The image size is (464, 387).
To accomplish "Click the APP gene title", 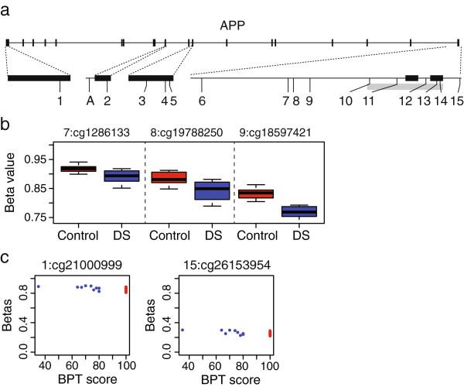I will click(x=231, y=24).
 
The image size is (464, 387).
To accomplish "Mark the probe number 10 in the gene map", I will click(x=346, y=101).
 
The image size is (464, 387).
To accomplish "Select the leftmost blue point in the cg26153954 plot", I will click(x=182, y=330).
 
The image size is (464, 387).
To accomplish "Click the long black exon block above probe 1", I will click(x=39, y=78).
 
